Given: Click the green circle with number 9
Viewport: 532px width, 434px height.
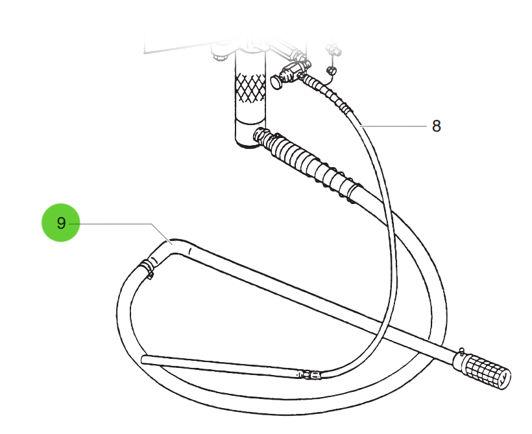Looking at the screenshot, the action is [x=61, y=223].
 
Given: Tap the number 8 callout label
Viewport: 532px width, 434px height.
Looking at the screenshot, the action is [x=437, y=126].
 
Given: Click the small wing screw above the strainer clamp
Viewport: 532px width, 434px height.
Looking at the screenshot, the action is [x=461, y=350].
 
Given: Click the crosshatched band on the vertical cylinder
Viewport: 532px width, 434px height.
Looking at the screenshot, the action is [x=250, y=87].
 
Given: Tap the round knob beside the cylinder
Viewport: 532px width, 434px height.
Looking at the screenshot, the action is [x=277, y=82].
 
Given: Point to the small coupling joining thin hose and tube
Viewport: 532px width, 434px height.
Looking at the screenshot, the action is [x=309, y=374].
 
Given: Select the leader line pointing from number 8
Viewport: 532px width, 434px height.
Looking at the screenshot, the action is [x=394, y=126].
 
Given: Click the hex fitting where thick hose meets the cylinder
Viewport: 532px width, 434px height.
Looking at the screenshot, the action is [x=261, y=136].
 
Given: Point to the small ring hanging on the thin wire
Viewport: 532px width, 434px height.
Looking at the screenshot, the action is [x=332, y=71].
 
